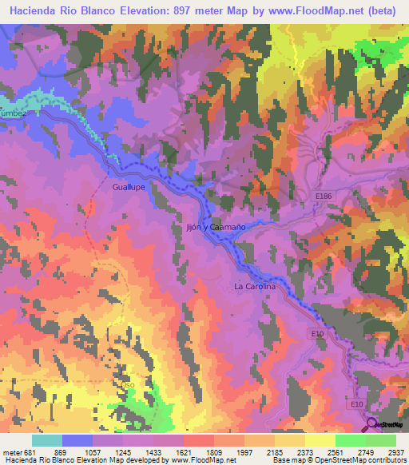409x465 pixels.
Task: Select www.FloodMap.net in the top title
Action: coord(320,11)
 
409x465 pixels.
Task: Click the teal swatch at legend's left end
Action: coord(47,440)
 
